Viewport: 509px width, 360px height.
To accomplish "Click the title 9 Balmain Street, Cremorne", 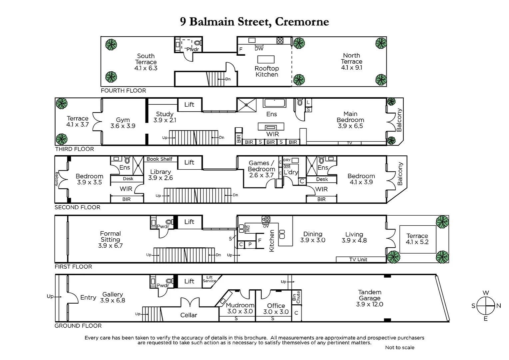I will [x=254, y=22].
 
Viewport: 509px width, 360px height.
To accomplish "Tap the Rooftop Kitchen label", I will [x=266, y=71].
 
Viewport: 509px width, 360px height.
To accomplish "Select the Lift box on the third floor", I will [x=189, y=104].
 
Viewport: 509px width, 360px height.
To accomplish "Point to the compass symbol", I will [x=486, y=306].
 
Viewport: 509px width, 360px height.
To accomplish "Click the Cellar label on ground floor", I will [x=189, y=315].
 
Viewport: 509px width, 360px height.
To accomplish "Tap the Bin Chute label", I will [x=296, y=297].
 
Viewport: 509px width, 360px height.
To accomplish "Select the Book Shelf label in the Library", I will [x=159, y=159].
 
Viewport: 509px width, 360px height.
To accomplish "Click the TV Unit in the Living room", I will [x=358, y=259].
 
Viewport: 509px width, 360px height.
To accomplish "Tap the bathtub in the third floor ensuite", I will [x=274, y=103].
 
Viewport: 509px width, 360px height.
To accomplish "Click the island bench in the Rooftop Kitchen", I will [x=266, y=59].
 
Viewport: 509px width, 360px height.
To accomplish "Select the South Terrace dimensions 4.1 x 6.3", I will [x=146, y=68].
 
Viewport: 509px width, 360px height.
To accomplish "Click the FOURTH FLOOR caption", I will [x=123, y=90].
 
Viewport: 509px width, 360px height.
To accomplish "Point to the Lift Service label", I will [x=210, y=279].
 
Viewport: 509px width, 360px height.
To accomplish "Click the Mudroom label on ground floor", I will [x=240, y=305].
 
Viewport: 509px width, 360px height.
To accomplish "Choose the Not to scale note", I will [x=399, y=347].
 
